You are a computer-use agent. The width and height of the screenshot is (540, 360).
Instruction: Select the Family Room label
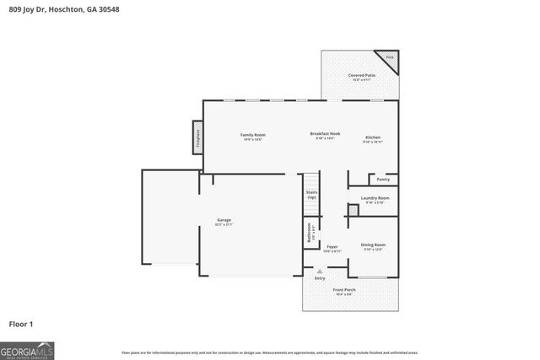tap(253, 136)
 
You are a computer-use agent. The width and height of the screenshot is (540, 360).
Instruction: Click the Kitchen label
tap(373, 138)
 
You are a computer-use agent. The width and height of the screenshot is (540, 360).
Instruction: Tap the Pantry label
tap(383, 179)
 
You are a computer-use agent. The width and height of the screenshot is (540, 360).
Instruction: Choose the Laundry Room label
tap(374, 200)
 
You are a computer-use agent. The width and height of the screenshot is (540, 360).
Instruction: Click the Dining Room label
tap(374, 246)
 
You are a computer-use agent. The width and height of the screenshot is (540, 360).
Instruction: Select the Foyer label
tap(332, 249)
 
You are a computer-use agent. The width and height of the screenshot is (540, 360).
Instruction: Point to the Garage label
tap(224, 222)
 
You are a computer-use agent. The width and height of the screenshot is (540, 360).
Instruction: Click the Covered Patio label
tap(362, 77)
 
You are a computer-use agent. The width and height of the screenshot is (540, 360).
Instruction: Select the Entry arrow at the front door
tap(319, 271)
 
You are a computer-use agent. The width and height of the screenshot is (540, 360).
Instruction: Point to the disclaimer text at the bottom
tap(269, 352)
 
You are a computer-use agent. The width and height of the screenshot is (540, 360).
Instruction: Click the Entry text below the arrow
tap(319, 278)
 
